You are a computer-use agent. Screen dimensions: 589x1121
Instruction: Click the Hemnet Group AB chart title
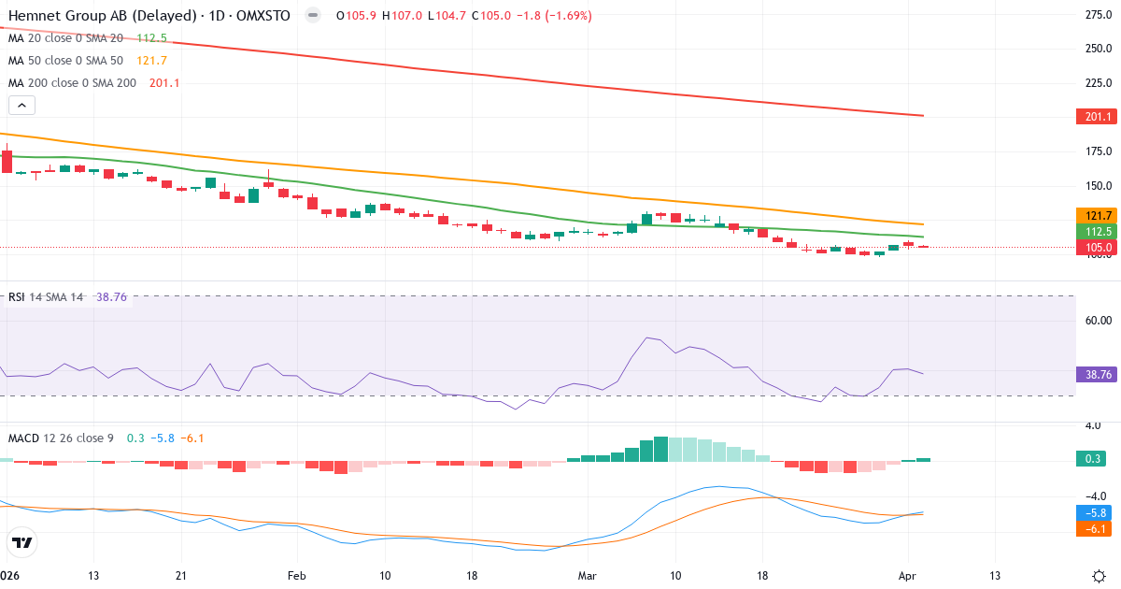[149, 16]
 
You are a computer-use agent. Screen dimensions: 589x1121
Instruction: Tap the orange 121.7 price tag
[1098, 215]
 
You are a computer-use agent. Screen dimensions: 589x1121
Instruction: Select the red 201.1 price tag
[1098, 117]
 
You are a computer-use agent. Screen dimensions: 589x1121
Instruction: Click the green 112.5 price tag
[1098, 231]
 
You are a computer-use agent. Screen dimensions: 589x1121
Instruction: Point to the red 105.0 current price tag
[1098, 248]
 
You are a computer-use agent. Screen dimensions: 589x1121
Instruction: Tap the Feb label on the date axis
[297, 575]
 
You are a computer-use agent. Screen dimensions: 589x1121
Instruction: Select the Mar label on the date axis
[588, 575]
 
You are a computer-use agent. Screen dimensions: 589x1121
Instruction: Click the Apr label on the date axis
[906, 575]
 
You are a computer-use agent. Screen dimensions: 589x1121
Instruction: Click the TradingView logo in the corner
[21, 542]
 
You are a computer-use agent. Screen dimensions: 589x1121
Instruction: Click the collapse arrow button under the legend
[21, 105]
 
